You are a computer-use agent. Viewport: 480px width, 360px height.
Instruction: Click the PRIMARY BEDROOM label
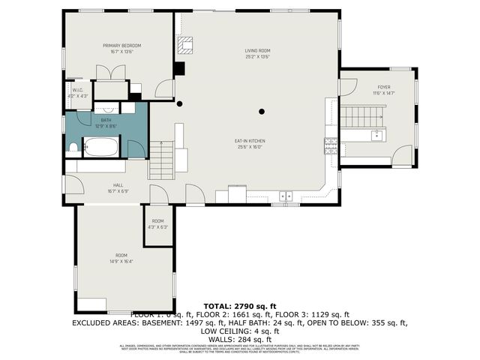[121, 46]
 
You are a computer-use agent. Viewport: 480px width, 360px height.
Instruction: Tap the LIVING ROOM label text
[256, 51]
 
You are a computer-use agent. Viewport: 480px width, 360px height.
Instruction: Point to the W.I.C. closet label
[78, 91]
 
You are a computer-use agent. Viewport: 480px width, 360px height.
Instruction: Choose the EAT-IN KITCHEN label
[251, 140]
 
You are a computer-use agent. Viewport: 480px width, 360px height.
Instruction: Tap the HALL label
[118, 184]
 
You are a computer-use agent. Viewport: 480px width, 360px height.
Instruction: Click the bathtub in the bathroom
[100, 147]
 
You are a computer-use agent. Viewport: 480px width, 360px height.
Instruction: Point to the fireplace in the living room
[184, 46]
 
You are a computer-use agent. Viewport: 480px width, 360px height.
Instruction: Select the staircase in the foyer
[364, 117]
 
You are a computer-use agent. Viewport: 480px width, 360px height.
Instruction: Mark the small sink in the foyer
[376, 136]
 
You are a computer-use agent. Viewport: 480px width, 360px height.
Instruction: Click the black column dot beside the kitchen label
[261, 112]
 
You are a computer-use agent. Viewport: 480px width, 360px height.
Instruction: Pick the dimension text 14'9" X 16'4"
[121, 262]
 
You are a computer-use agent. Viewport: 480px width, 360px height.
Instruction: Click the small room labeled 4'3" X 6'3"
[158, 223]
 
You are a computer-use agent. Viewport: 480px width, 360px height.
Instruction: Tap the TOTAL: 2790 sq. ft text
[239, 306]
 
